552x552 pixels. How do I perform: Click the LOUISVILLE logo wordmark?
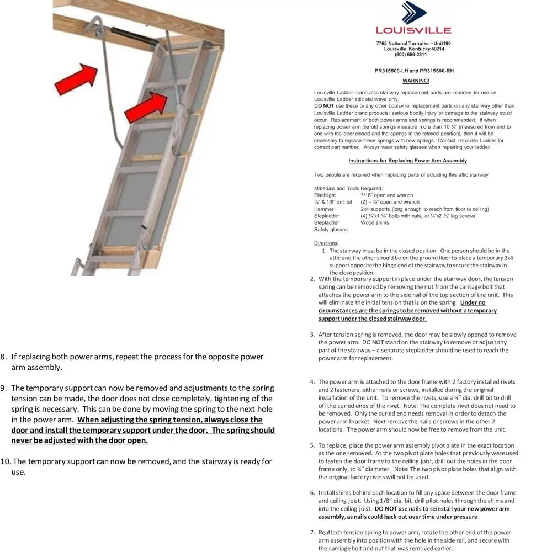[x=413, y=30]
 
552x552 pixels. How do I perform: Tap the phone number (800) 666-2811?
[x=410, y=55]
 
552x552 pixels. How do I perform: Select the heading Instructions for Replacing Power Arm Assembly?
[x=407, y=161]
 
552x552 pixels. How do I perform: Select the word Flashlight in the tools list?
[x=325, y=195]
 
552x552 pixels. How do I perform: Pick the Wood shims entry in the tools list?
[x=374, y=223]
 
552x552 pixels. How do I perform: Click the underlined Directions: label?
[x=326, y=243]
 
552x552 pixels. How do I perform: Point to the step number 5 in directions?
[x=312, y=445]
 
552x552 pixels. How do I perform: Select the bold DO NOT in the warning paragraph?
[x=323, y=106]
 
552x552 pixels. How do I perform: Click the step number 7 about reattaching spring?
[x=312, y=532]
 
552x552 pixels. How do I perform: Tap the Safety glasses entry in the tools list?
[x=331, y=230]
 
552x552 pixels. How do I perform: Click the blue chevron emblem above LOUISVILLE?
[x=413, y=12]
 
